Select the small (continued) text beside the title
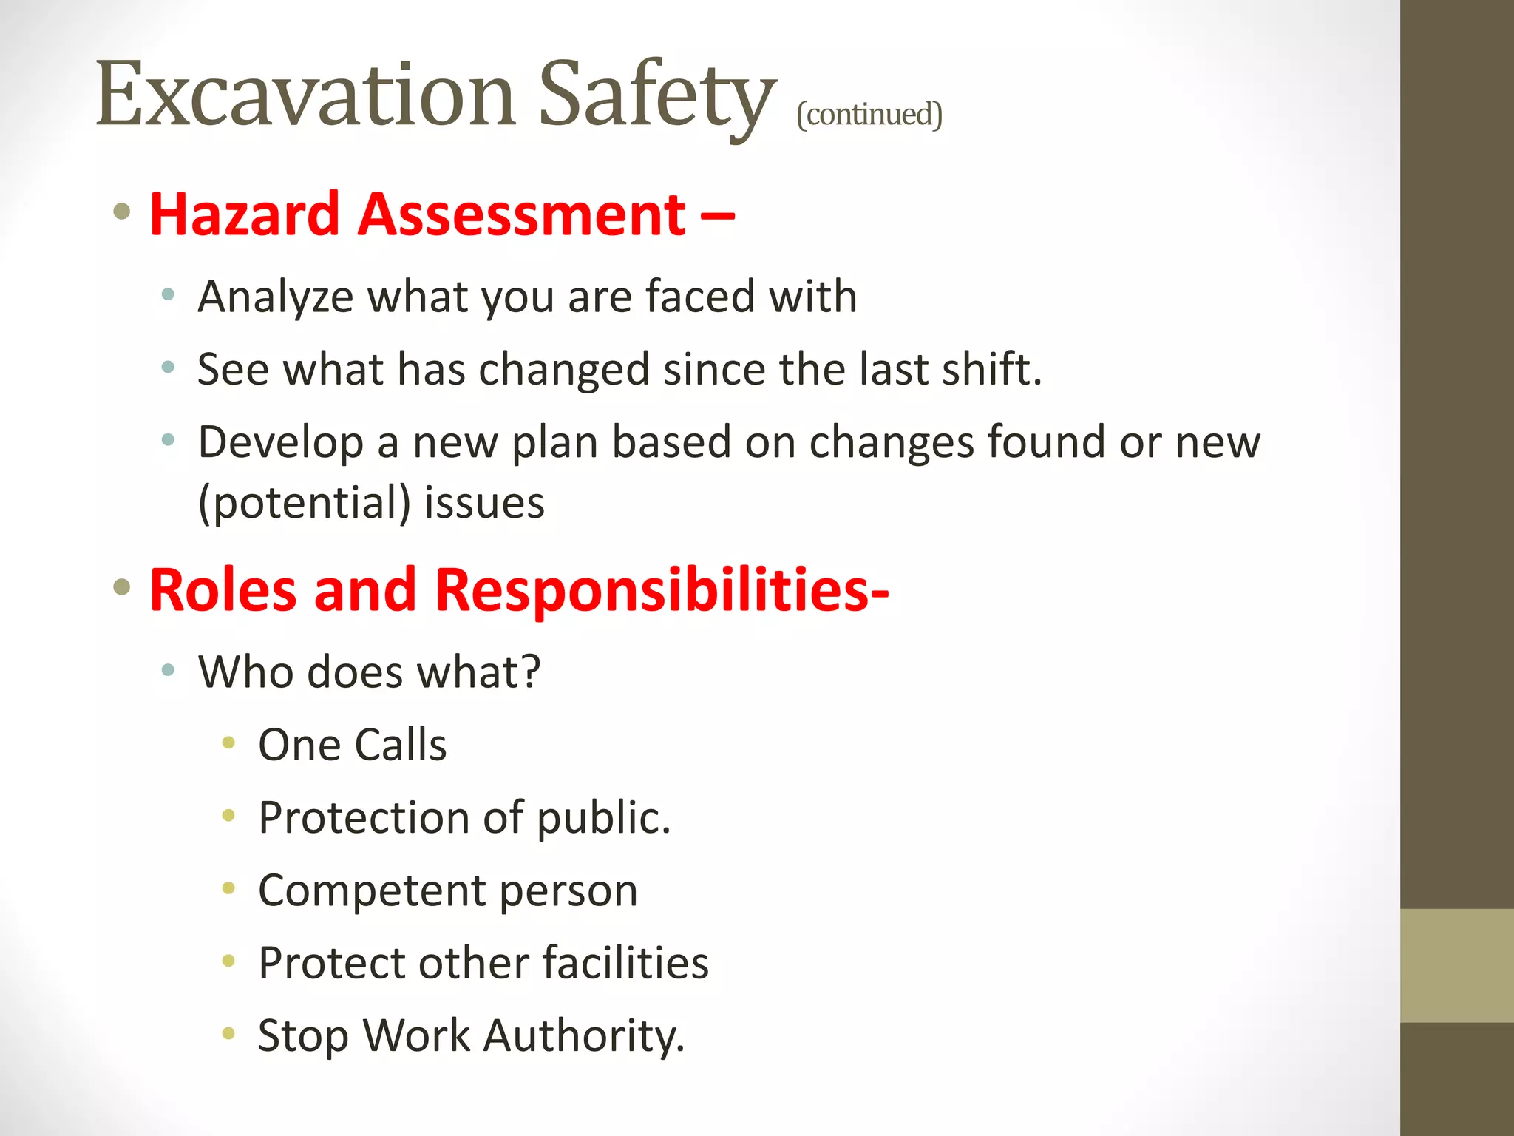tap(869, 115)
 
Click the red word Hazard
tap(245, 214)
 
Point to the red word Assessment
tap(522, 214)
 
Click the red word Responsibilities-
tap(662, 590)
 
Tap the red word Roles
tap(223, 590)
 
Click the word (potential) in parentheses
tap(305, 504)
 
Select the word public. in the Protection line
tap(603, 818)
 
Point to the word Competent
tap(372, 890)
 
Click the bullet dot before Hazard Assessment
tap(122, 213)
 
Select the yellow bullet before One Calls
tap(228, 743)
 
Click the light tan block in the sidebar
tap(1456, 965)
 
